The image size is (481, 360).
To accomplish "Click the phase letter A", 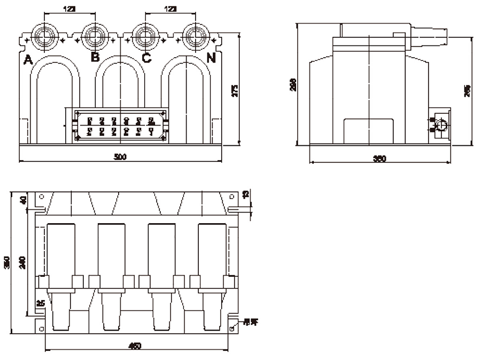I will click(28, 59).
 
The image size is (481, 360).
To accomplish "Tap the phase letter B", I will click(95, 57).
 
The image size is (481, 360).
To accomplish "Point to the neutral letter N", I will click(211, 58).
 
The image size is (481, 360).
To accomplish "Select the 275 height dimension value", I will click(235, 90).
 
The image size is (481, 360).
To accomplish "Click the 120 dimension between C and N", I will click(169, 10).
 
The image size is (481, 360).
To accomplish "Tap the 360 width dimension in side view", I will click(379, 158).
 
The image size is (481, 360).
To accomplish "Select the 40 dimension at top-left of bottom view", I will click(22, 200).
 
